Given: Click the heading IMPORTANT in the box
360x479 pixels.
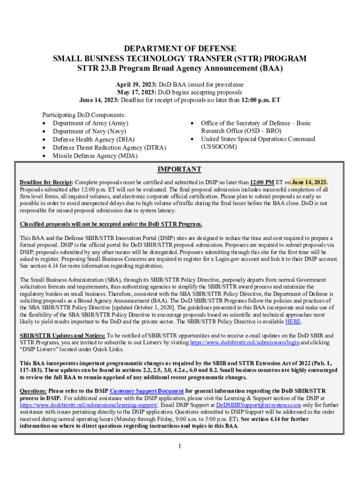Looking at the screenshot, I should click(180, 169).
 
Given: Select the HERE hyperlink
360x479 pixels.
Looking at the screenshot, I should click(293, 322).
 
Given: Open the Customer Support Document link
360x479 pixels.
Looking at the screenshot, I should click(147, 391).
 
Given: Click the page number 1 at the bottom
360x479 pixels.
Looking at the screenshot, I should click(180, 446).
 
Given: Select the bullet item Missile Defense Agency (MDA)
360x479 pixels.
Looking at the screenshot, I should click(88, 156).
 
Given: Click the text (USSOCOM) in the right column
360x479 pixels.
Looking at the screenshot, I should click(219, 147).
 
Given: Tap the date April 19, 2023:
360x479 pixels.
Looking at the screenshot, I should click(136, 85).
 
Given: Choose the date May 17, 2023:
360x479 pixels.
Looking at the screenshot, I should click(136, 92).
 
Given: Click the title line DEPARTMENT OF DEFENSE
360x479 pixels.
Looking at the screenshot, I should click(180, 49).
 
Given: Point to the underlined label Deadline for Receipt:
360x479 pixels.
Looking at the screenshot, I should click(46, 182).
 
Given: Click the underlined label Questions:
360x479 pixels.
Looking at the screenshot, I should click(33, 391).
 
